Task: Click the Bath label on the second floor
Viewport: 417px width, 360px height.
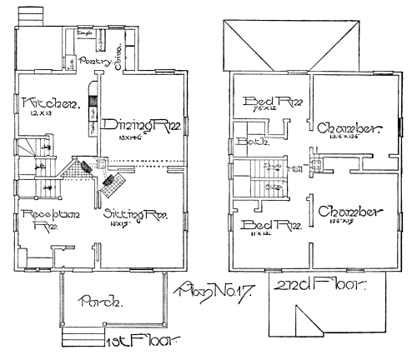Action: click(248, 142)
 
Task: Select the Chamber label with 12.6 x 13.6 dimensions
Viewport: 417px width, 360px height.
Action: click(350, 129)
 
